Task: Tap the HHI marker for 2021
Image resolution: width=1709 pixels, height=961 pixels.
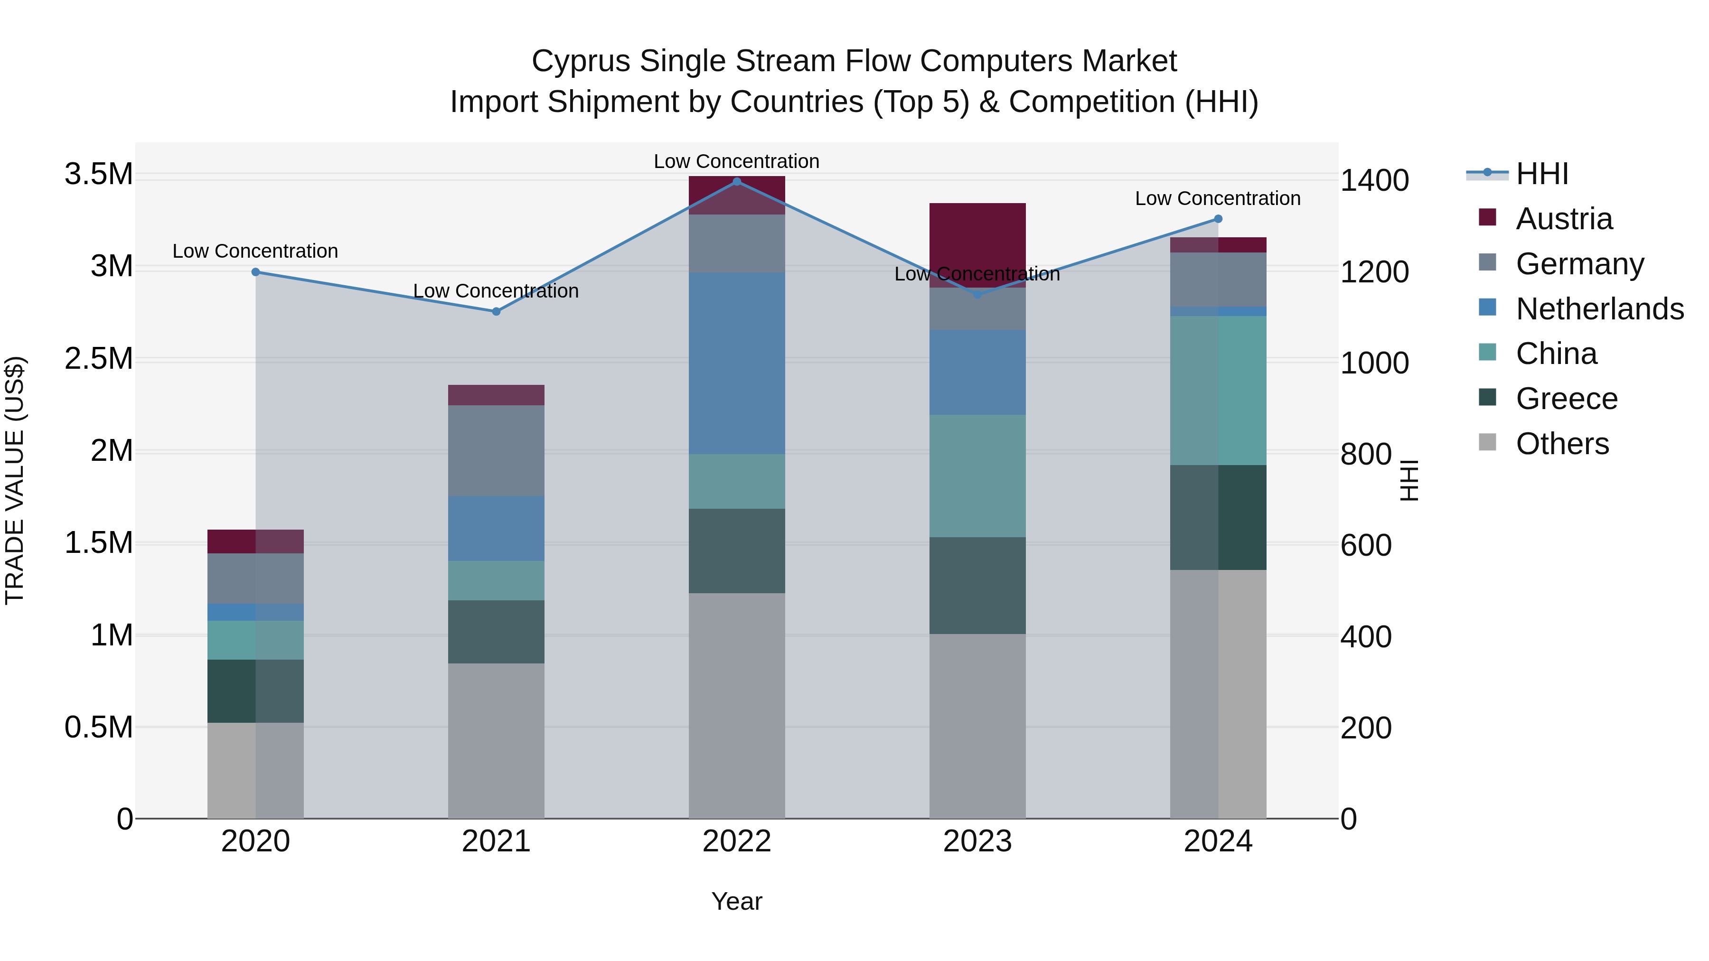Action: [x=496, y=311]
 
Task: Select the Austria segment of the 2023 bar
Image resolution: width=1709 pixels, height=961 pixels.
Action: [x=977, y=244]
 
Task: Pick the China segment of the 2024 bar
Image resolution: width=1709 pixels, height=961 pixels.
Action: [x=1218, y=390]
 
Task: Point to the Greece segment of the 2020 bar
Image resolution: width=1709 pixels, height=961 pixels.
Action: [x=255, y=690]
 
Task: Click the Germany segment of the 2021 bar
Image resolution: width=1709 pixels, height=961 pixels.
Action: [x=496, y=450]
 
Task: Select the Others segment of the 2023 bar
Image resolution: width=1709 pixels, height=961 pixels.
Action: [x=977, y=726]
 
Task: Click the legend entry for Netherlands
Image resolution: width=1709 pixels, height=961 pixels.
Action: [x=1599, y=309]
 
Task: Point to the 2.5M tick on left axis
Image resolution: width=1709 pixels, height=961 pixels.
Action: [x=99, y=359]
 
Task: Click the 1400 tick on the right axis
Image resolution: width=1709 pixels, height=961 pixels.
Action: [x=1374, y=180]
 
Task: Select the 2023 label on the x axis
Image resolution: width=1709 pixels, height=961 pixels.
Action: [x=977, y=841]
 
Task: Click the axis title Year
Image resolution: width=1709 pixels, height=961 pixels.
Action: [x=736, y=901]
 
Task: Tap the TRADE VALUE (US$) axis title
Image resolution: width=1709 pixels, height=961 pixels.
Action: [x=15, y=480]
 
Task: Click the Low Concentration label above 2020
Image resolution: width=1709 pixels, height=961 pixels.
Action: [x=255, y=252]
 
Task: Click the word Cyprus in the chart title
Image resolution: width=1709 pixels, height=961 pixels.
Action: [x=580, y=61]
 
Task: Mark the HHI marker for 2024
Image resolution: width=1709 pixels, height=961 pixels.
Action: [x=1218, y=219]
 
